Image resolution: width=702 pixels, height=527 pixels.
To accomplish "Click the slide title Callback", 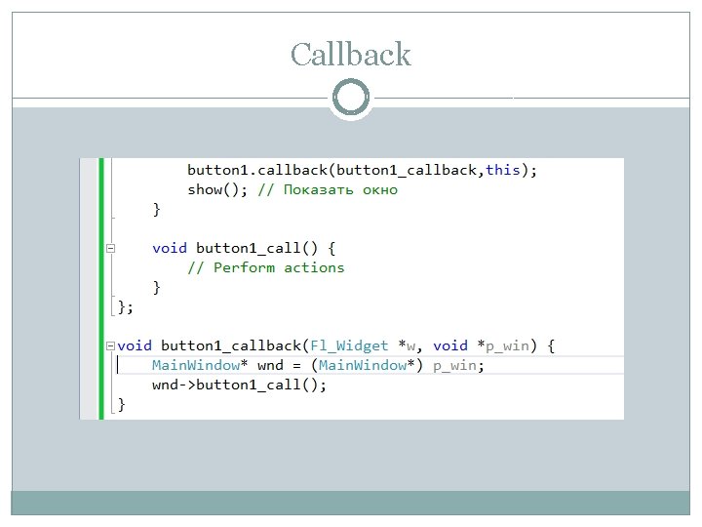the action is [x=351, y=55].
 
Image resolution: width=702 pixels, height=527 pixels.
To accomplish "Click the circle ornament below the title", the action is [x=351, y=98].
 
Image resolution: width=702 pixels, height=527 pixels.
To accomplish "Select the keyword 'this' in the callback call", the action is [x=502, y=170].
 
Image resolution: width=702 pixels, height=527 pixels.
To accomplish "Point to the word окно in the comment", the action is [x=380, y=189].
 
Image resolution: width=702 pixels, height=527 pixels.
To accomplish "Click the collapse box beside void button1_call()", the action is [x=111, y=248].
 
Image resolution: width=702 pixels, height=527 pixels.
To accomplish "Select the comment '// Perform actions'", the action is [x=265, y=267].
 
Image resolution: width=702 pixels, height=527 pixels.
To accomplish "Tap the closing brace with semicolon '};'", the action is [x=125, y=306].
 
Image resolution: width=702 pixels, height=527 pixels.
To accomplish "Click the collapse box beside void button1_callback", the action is [x=111, y=345].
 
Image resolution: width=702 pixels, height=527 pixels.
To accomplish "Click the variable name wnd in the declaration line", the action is [x=269, y=365].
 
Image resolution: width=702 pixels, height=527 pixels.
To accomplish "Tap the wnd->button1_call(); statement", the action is [x=239, y=385].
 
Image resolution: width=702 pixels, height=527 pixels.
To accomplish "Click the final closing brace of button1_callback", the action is [x=122, y=404].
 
